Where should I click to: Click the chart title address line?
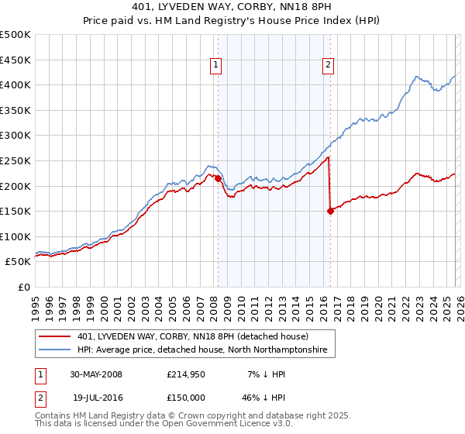232,7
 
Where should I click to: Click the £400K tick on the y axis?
15,84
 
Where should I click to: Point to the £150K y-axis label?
15,211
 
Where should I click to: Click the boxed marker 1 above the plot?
215,65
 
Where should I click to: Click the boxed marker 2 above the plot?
328,65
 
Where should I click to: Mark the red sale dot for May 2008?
218,178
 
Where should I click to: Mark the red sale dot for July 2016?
330,211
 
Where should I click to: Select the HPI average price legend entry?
202,350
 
